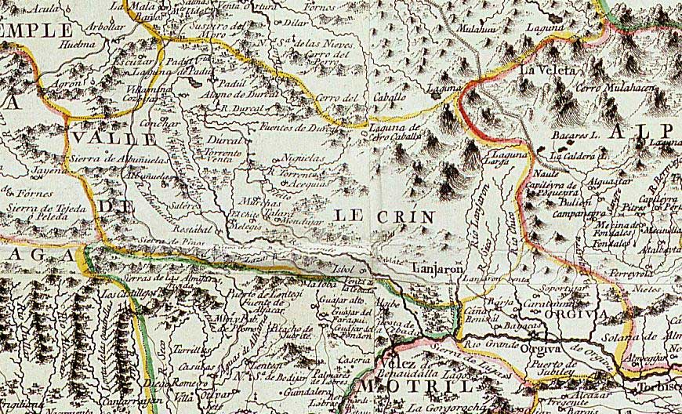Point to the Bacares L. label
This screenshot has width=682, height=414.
(575, 136)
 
